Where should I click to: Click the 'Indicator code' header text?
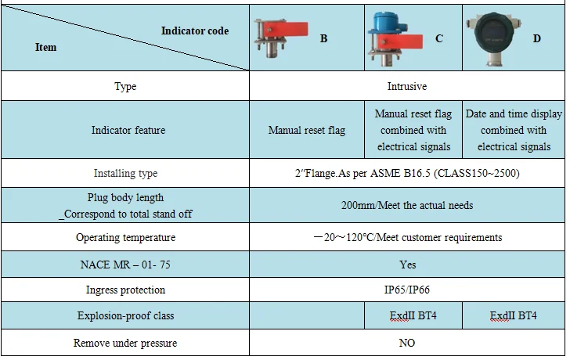tap(195, 31)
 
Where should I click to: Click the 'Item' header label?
tap(46, 47)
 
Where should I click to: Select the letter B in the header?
tap(323, 38)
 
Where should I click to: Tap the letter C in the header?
tap(438, 38)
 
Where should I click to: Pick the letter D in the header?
tap(537, 38)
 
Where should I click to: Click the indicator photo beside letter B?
tap(283, 38)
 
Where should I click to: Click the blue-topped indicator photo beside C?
tap(395, 38)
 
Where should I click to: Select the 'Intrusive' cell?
tap(407, 86)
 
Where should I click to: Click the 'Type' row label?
tap(125, 86)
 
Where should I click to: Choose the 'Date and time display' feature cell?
tap(514, 130)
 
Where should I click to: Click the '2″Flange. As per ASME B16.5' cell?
tap(407, 173)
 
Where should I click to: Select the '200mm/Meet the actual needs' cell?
tap(407, 205)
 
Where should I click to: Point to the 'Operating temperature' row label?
tap(125, 237)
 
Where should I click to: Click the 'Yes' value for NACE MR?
tap(407, 265)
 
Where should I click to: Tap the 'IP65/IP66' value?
tap(407, 290)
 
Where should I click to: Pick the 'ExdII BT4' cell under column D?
tap(514, 316)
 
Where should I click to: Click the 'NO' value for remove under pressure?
tap(407, 343)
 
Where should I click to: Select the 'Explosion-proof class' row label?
tap(125, 316)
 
